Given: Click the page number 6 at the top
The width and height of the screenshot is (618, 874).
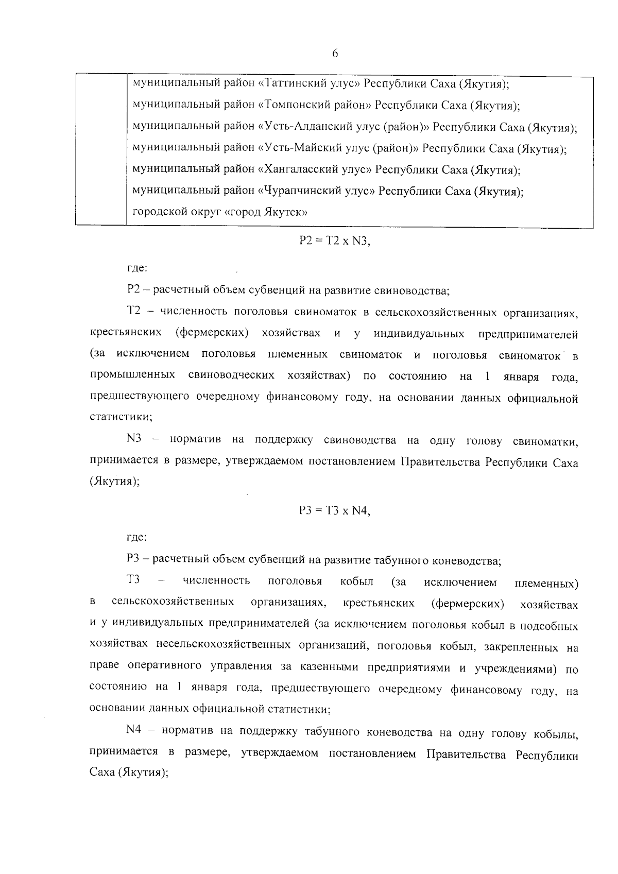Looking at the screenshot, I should point(335,54).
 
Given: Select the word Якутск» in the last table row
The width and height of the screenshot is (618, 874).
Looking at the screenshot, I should point(286,212).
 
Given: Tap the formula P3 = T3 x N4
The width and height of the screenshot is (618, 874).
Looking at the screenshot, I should point(335,511).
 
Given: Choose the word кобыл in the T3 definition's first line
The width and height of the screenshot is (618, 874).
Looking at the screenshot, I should point(356,582).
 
